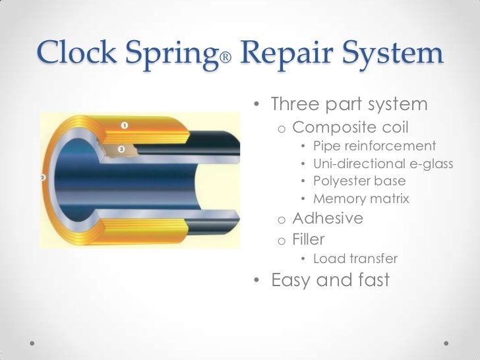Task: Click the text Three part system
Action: (x=349, y=104)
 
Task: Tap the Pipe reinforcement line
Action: (x=375, y=146)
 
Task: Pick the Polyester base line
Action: (x=359, y=181)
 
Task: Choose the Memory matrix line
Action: (x=361, y=198)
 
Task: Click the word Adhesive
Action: (x=328, y=218)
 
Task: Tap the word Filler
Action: (x=309, y=239)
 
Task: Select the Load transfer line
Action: (x=355, y=258)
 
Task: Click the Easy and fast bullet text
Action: (x=330, y=280)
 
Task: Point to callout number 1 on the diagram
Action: (x=125, y=125)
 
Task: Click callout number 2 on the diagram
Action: (x=43, y=177)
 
